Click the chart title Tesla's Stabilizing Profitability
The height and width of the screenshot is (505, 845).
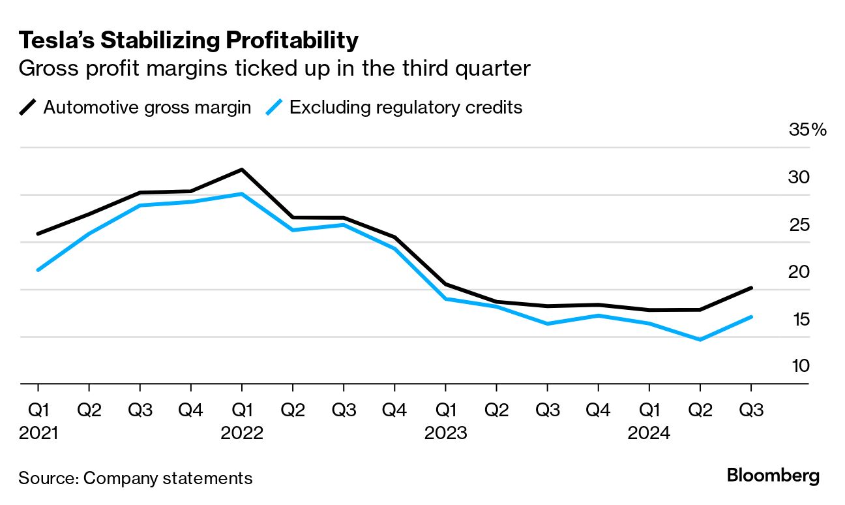click(188, 40)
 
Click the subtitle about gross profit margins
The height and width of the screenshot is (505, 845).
click(274, 69)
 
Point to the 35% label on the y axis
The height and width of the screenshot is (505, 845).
click(807, 130)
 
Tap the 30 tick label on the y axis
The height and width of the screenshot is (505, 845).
click(799, 177)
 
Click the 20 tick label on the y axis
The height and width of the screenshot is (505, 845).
click(799, 272)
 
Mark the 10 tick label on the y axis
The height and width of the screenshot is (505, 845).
click(800, 366)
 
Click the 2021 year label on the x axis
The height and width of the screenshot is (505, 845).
click(38, 433)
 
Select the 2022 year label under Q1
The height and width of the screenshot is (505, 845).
click(242, 433)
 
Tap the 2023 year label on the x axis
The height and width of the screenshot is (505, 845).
click(445, 433)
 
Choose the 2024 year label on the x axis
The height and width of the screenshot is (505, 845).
click(649, 433)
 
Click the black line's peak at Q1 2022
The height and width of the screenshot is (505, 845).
click(242, 170)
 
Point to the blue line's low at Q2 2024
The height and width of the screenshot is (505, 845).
click(700, 340)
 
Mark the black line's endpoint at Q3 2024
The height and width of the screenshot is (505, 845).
click(751, 288)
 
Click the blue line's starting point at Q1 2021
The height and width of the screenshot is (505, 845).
click(38, 269)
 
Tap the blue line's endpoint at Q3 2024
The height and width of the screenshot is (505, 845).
click(751, 317)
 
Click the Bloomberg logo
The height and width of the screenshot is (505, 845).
click(773, 476)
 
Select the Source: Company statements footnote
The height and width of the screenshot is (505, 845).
click(135, 478)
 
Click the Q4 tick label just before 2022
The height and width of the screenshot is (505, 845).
click(190, 410)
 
